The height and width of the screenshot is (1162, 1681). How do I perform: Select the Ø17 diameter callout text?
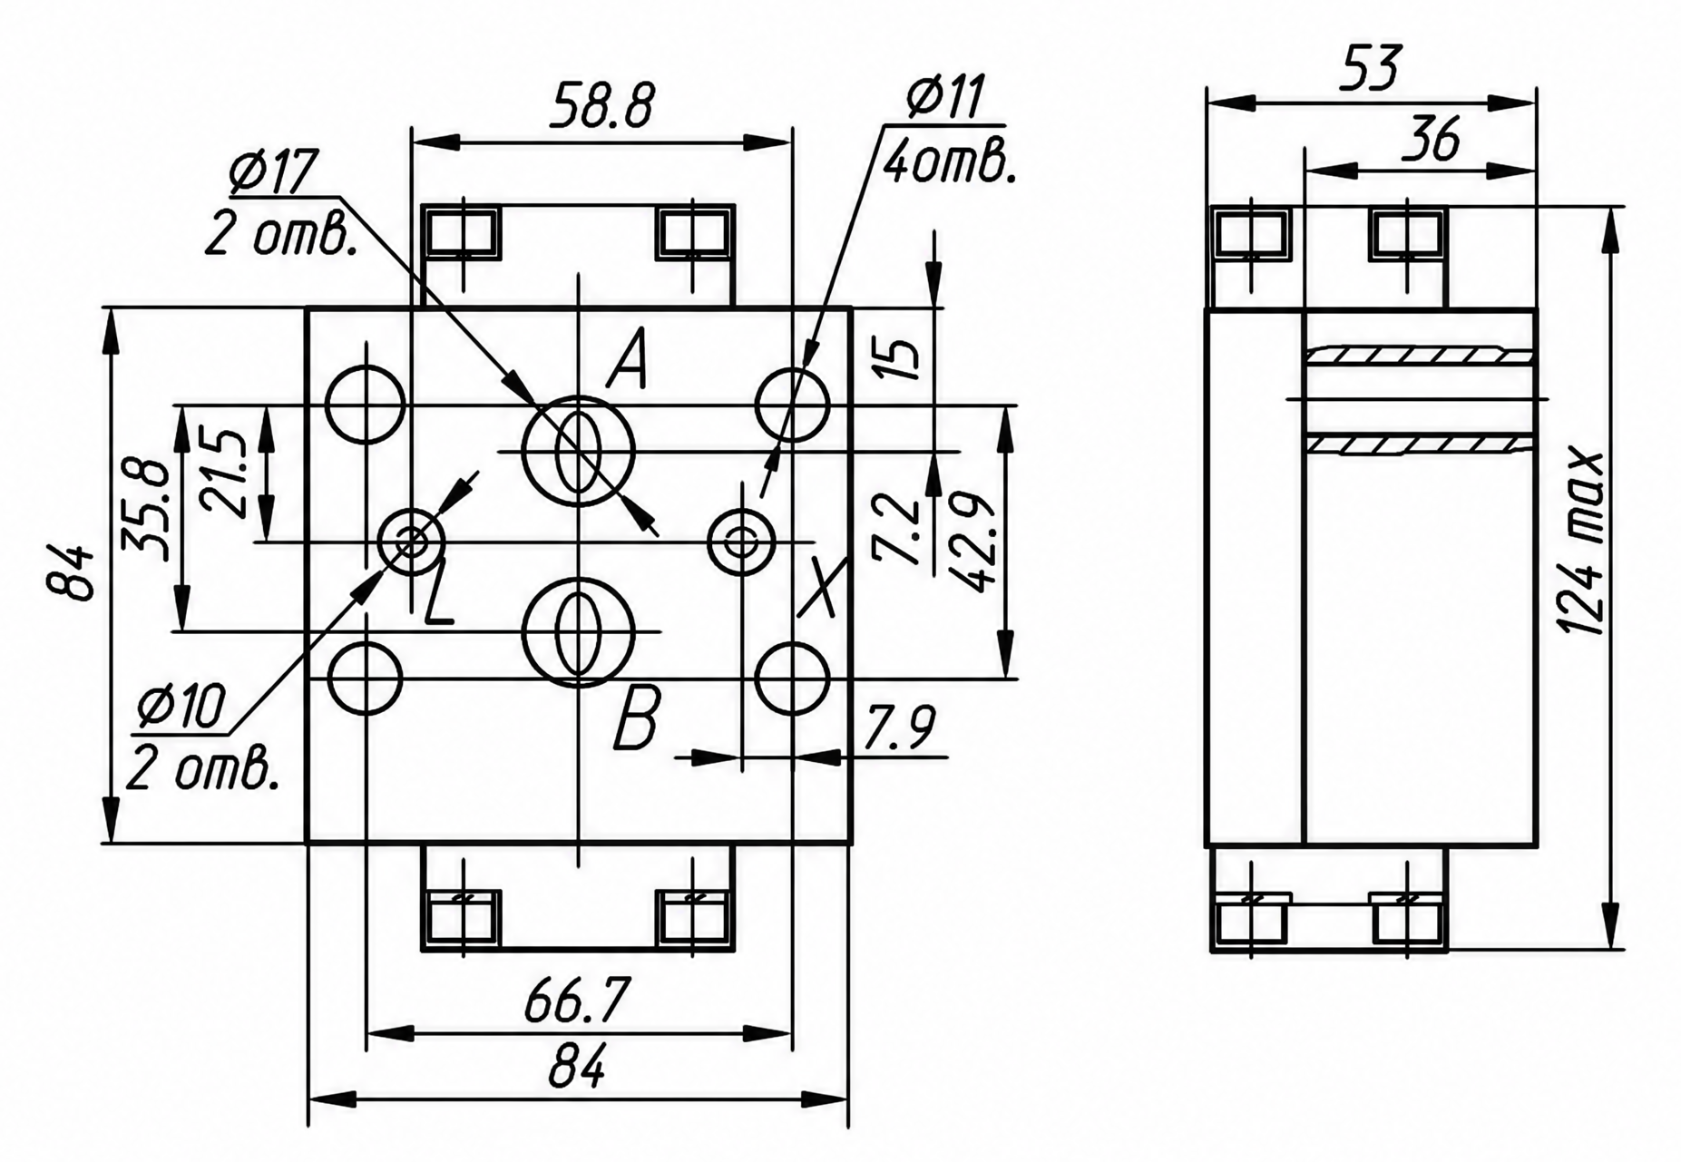[x=273, y=172]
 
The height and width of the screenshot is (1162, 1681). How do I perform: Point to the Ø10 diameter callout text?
[x=181, y=708]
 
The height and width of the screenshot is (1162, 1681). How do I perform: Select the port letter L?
[x=439, y=594]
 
